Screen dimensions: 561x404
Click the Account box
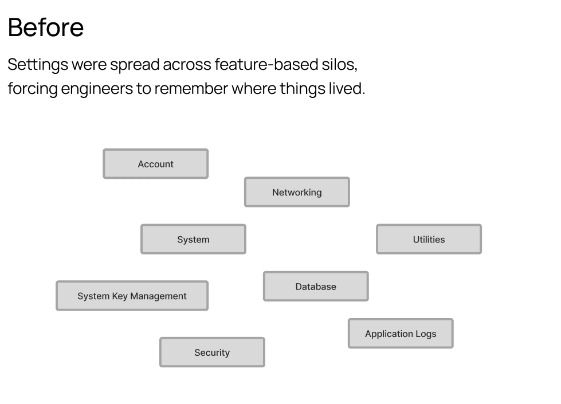tap(155, 164)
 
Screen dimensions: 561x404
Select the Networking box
tap(297, 192)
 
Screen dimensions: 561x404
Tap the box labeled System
tap(193, 240)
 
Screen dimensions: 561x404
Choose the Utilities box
tap(429, 240)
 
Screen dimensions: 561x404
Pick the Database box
tap(316, 287)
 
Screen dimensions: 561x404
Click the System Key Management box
tap(132, 296)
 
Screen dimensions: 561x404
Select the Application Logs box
tap(401, 334)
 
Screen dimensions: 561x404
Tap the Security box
tap(212, 352)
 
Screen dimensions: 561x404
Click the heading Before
tap(46, 28)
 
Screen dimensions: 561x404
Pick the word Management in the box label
tap(159, 296)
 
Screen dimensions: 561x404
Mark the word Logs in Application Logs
tap(425, 334)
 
